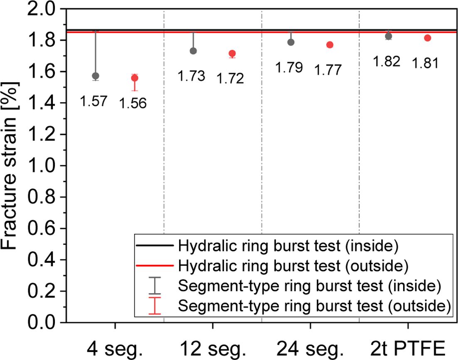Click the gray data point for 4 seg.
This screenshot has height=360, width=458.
pos(96,76)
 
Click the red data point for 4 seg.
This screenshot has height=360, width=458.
pos(135,78)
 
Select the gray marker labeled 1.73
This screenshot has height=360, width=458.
pos(193,51)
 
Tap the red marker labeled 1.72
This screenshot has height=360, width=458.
pos(232,54)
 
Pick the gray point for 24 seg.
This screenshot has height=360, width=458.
pos(291,42)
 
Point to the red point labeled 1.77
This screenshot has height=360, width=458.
pos(330,45)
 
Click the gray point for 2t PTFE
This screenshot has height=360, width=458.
pos(389,36)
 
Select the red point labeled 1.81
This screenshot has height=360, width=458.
pos(428,38)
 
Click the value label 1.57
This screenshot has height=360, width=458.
pos(94,101)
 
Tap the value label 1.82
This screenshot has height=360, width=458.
pos(387,61)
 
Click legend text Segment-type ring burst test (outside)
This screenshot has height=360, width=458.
pos(314,306)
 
